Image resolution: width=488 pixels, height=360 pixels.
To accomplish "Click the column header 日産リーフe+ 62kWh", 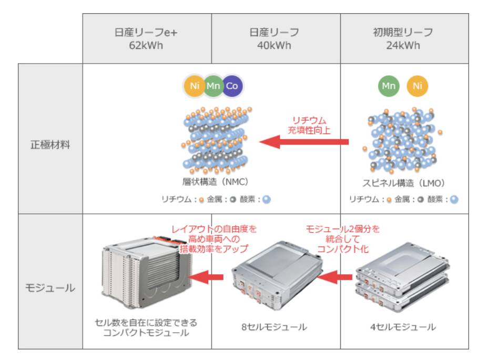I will pyautogui.click(x=146, y=38).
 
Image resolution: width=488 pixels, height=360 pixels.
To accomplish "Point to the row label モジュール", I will pyautogui.click(x=49, y=287).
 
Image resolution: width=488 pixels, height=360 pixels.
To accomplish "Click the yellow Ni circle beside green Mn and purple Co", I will pyautogui.click(x=195, y=86).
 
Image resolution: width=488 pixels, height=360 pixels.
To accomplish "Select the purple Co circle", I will pyautogui.click(x=232, y=86).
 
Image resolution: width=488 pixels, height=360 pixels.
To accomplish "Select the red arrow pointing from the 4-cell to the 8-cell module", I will pyautogui.click(x=334, y=277).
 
